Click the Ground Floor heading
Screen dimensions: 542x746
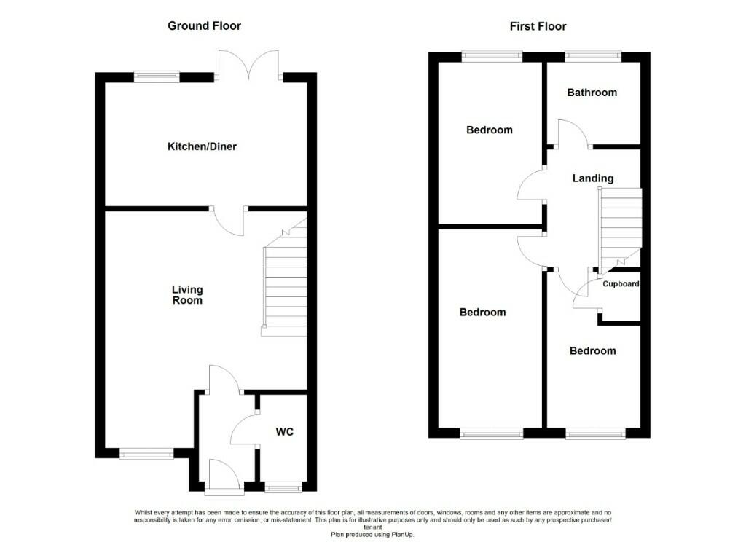(204, 26)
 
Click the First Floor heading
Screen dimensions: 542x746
(538, 26)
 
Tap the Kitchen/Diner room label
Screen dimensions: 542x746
(202, 146)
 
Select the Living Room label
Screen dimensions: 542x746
(187, 295)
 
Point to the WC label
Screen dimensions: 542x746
(284, 432)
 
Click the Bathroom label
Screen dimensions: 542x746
(592, 93)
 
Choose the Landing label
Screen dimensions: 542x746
(592, 178)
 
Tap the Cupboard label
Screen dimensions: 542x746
(620, 284)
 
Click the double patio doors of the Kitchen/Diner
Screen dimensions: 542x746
(249, 64)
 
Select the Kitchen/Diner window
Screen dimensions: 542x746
(157, 74)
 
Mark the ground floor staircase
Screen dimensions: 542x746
(284, 288)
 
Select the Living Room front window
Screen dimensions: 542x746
(146, 455)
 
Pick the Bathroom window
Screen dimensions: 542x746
(592, 54)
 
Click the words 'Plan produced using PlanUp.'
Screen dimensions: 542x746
(372, 534)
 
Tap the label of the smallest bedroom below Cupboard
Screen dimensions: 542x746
(592, 350)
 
